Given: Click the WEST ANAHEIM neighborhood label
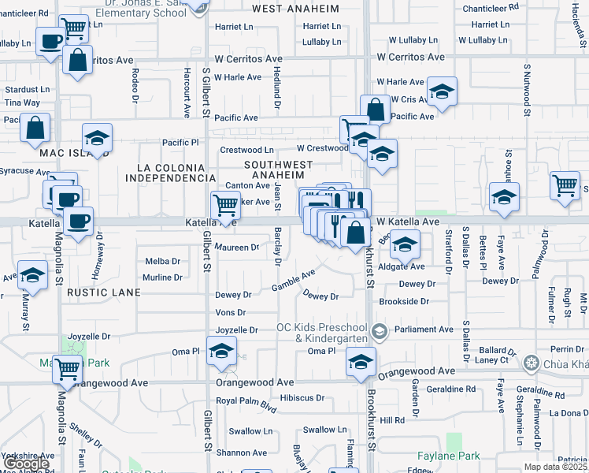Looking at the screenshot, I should [x=295, y=9].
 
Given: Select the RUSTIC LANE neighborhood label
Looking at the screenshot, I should [x=103, y=292].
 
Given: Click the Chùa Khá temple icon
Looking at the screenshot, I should [x=532, y=363].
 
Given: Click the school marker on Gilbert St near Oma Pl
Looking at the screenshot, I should [x=222, y=350].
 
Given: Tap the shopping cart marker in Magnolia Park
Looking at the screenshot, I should [x=68, y=367].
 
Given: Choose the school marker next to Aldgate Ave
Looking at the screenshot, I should [x=405, y=246].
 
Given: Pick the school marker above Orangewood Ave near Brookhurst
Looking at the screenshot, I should [x=361, y=362].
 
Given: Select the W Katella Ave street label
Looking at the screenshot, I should [x=407, y=222].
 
